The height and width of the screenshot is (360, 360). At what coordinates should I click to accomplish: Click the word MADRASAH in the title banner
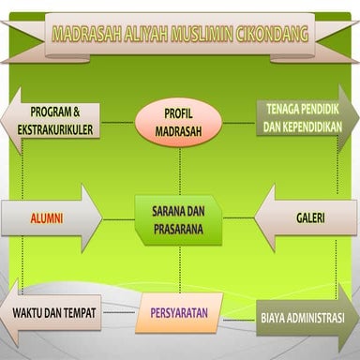click(x=85, y=34)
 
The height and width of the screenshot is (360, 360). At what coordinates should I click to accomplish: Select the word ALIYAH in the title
click(x=143, y=34)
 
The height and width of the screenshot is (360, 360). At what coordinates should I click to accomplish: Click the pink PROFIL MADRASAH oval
click(x=178, y=123)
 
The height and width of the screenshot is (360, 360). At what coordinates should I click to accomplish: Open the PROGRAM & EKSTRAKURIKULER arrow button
click(x=56, y=121)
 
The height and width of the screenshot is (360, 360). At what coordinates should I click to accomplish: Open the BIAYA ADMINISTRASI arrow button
click(x=305, y=318)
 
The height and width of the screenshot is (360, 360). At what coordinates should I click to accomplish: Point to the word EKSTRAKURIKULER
click(x=61, y=130)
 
